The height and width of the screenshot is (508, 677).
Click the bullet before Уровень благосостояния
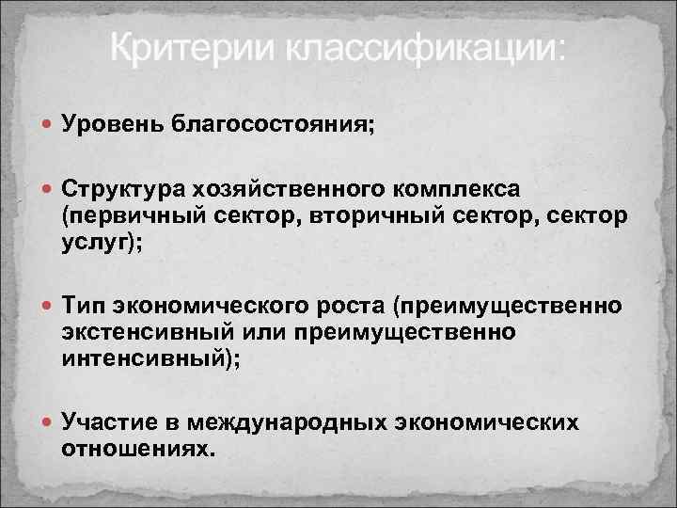point(48,124)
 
